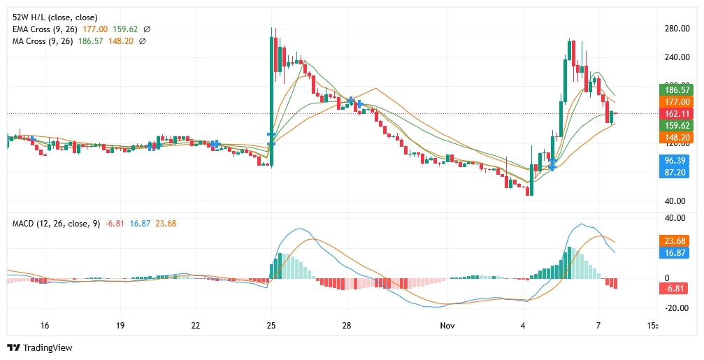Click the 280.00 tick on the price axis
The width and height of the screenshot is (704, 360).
[677, 28]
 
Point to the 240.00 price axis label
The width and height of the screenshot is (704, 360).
[677, 57]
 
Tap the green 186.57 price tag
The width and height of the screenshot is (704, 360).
[676, 89]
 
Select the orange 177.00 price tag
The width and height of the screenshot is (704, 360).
[676, 101]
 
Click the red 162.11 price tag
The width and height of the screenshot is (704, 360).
[676, 113]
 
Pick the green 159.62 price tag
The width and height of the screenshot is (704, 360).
[676, 125]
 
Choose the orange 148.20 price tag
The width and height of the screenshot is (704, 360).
[676, 138]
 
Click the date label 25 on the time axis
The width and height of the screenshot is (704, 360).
[271, 326]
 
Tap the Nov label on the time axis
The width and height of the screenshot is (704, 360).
[447, 326]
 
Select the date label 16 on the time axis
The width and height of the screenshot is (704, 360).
[45, 326]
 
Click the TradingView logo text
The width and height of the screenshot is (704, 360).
[48, 347]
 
